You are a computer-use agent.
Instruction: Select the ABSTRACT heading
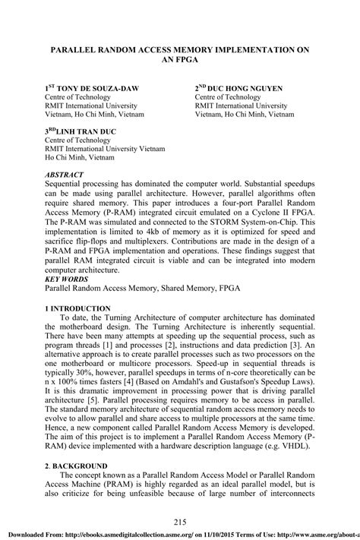(65, 175)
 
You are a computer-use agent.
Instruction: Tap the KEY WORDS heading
(67, 279)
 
